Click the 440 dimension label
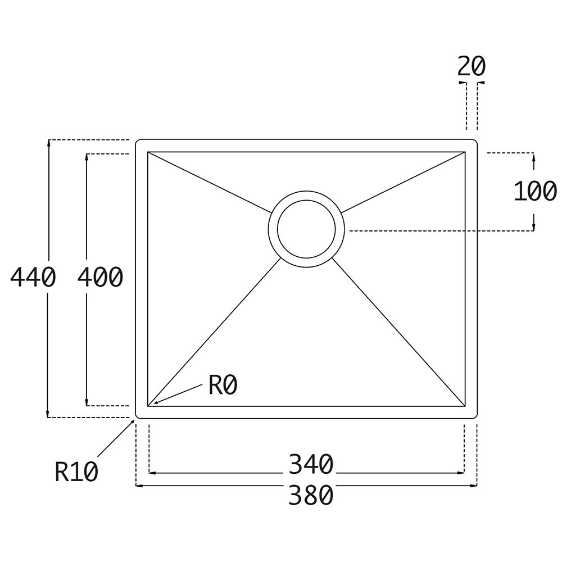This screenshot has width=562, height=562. point(33,277)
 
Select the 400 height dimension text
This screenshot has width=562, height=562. point(101,277)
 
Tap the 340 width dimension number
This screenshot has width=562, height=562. point(311,464)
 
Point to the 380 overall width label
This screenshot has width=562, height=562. point(311,495)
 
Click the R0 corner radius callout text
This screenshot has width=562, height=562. point(223,386)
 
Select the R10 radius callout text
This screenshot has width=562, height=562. point(76,472)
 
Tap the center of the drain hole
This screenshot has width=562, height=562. point(306,229)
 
